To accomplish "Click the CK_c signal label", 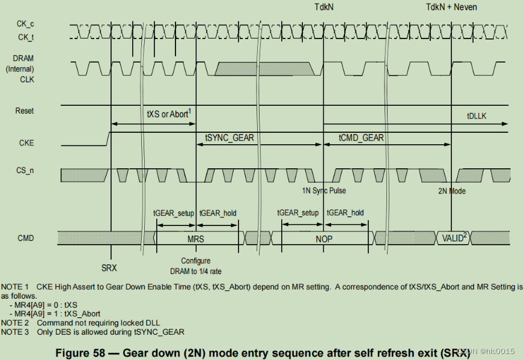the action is point(25,24).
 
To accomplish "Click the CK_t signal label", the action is point(25,37).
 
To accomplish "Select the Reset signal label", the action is point(25,111).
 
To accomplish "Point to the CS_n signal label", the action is point(25,171).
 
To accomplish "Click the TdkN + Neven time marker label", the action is point(451,7).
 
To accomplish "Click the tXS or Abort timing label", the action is point(169,114).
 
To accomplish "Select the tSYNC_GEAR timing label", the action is point(230,138).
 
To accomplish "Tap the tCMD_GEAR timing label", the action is point(361,138).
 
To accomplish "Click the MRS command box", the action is point(196,239).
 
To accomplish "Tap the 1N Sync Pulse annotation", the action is point(324,191).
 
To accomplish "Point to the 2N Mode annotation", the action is point(452,191).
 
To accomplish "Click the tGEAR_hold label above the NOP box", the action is point(345,213).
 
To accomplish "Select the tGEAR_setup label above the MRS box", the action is point(174,213).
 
